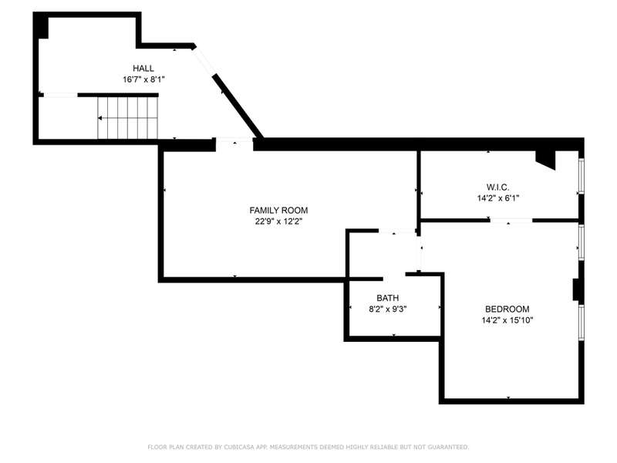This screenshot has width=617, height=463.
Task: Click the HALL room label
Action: pyautogui.click(x=143, y=68)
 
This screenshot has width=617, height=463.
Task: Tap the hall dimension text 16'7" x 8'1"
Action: pyautogui.click(x=143, y=79)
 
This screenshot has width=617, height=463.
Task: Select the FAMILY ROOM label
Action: pyautogui.click(x=278, y=210)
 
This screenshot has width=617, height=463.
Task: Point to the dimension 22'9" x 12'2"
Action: pyautogui.click(x=278, y=221)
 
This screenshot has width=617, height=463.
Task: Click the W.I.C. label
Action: pyautogui.click(x=497, y=187)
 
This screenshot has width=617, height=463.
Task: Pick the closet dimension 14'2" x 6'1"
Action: pyautogui.click(x=498, y=198)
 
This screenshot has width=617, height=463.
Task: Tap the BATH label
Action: pyautogui.click(x=388, y=298)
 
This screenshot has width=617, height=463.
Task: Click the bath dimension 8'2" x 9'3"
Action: pyautogui.click(x=388, y=309)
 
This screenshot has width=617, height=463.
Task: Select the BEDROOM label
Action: pyautogui.click(x=507, y=309)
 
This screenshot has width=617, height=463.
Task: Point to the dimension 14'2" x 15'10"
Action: pyautogui.click(x=507, y=320)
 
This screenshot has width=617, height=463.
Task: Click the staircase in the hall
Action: pyautogui.click(x=127, y=118)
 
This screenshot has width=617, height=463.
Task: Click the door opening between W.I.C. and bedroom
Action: pyautogui.click(x=511, y=221)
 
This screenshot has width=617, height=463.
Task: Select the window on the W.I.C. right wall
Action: pyautogui.click(x=582, y=176)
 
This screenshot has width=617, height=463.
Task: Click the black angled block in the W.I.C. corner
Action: pyautogui.click(x=545, y=159)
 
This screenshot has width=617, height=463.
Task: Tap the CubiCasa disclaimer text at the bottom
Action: pyautogui.click(x=308, y=447)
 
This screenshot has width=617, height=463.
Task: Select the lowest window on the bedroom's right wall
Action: pyautogui.click(x=582, y=322)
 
